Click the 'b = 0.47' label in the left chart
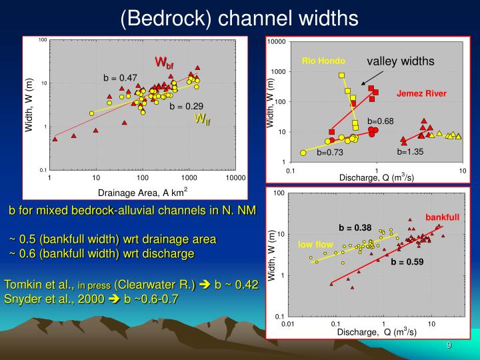tap(120, 78)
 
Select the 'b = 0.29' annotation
tap(186, 106)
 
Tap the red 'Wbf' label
tap(165, 63)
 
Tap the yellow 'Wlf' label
tap(202, 119)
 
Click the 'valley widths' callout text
tap(400, 61)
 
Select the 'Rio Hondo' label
tap(323, 61)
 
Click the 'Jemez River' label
tap(421, 93)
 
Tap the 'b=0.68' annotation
tap(381, 121)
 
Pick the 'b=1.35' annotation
tap(410, 151)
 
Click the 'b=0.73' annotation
tap(329, 153)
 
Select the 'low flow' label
tap(315, 245)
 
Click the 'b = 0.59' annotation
tap(407, 262)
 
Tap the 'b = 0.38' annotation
tap(355, 227)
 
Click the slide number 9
tap(449, 345)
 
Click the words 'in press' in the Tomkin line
tap(95, 285)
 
